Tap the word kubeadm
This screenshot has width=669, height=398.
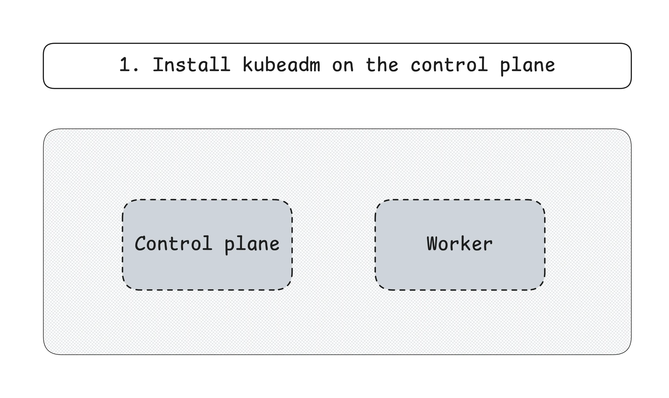coord(281,64)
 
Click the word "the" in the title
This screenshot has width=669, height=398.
coord(382,64)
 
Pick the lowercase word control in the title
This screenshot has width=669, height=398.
coord(449,64)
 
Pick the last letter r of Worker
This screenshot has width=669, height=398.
coord(488,245)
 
